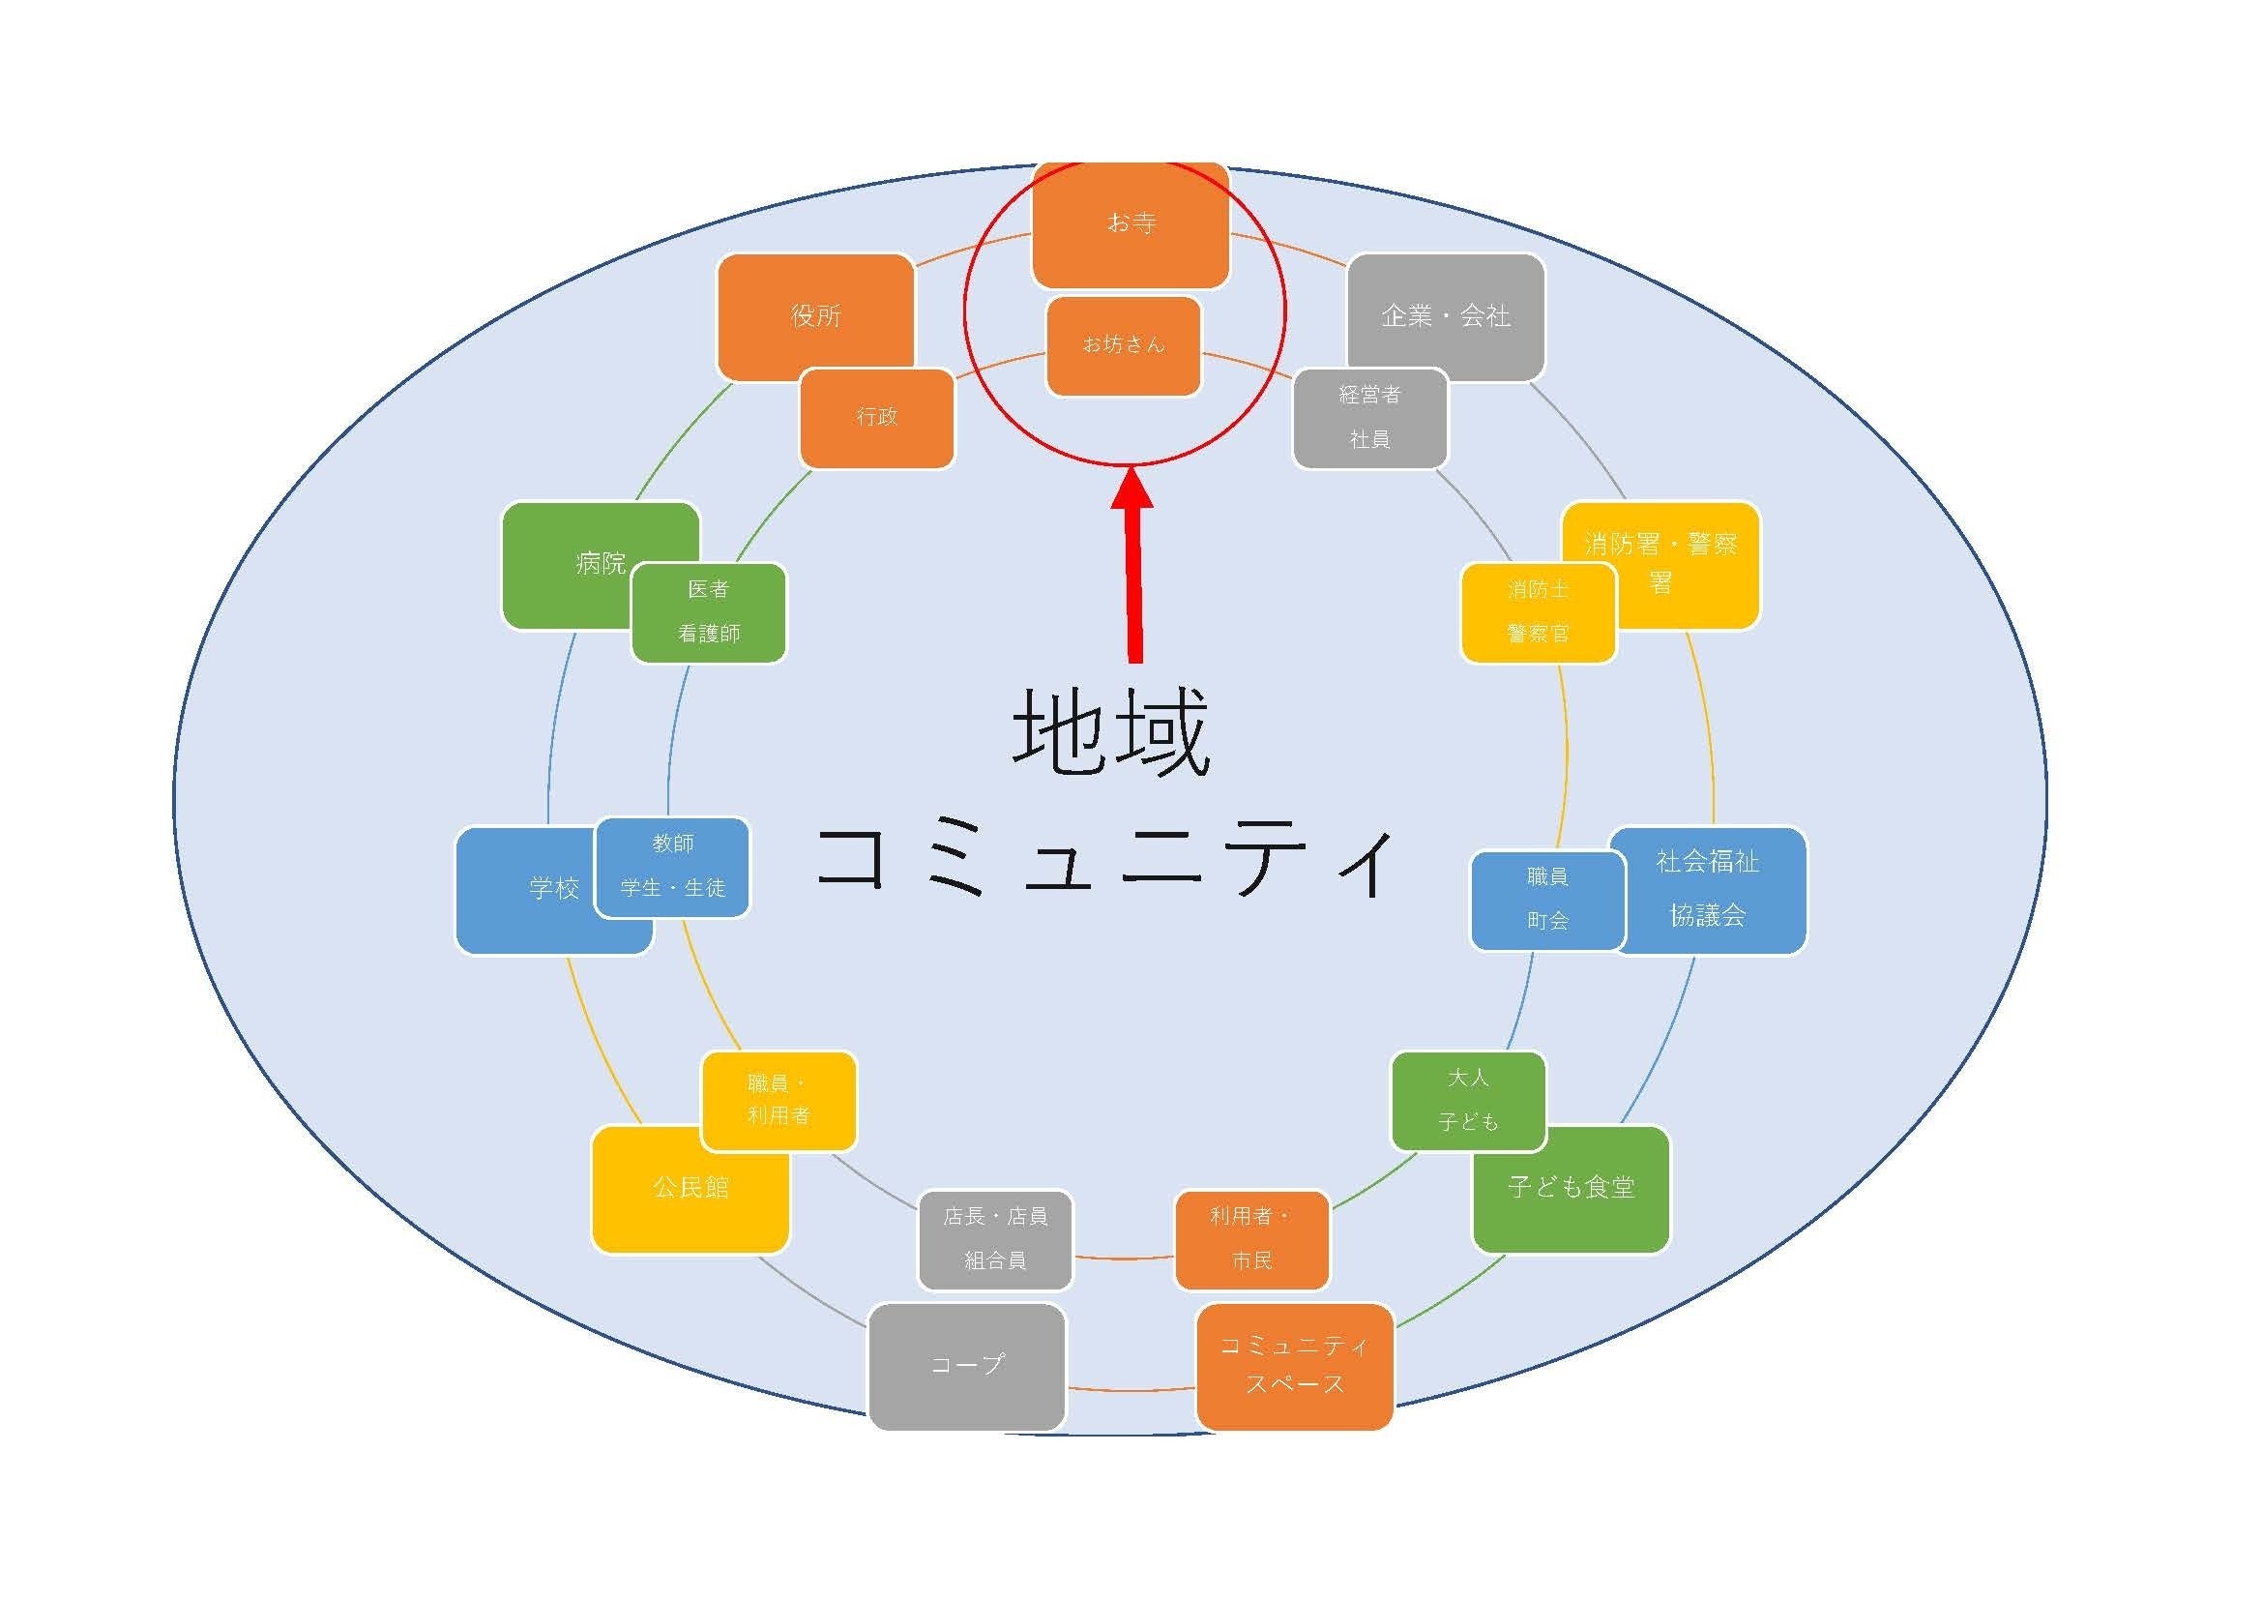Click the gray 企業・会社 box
coord(1445,316)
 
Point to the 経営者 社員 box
coord(1369,418)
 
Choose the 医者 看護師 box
coord(708,611)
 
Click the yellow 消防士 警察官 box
coord(1538,611)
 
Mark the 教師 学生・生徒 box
coord(673,867)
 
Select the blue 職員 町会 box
coord(1546,900)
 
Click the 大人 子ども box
coord(1468,1100)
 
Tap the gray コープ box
coord(966,1366)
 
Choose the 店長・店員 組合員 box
coord(995,1239)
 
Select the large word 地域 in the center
coord(1111,732)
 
